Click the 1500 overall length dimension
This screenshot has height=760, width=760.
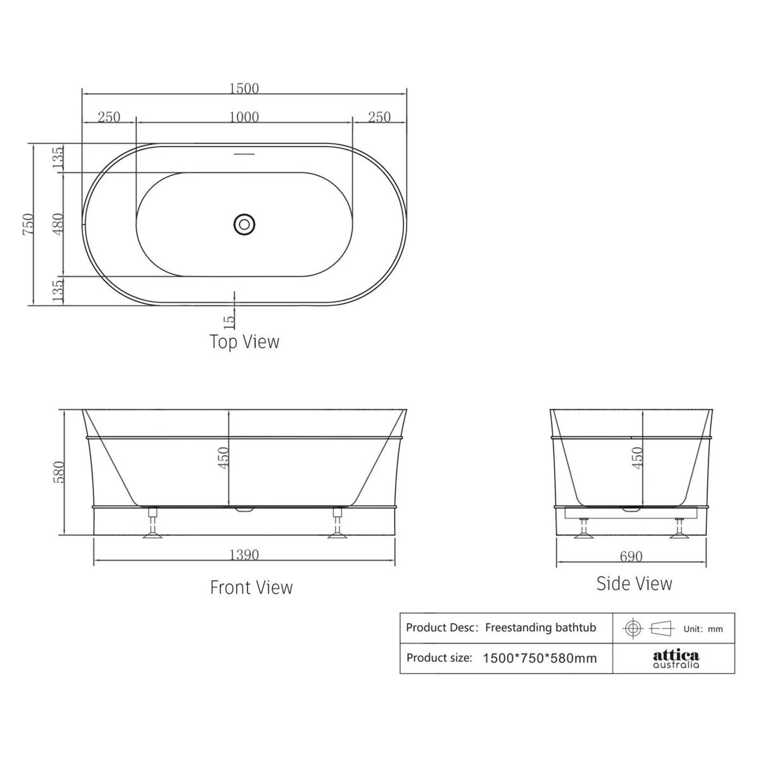pos(244,88)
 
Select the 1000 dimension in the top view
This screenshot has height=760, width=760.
pos(244,117)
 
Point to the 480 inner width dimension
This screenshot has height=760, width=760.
pos(58,224)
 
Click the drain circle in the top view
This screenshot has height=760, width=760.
pos(244,224)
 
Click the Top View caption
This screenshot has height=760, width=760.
pos(244,342)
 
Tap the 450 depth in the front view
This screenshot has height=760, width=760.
pos(222,457)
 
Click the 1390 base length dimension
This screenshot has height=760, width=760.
pos(244,555)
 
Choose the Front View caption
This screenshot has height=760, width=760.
pos(251,588)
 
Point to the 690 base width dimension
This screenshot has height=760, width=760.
pos(631,556)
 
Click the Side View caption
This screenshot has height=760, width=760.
pos(634,583)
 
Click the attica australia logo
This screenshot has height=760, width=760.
pos(676,658)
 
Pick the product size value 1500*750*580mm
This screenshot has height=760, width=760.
pos(540,658)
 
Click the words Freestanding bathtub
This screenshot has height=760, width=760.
pos(540,628)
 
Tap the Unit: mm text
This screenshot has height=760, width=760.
pos(702,629)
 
